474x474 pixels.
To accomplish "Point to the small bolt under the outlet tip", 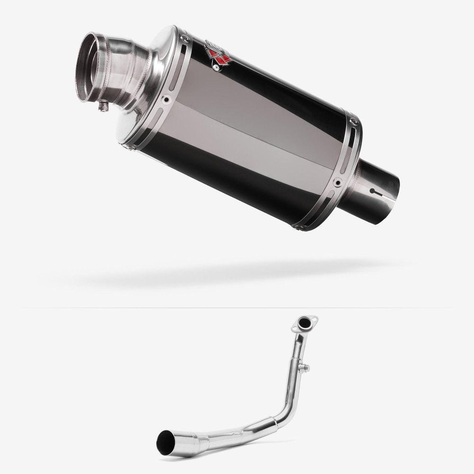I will click(x=101, y=108).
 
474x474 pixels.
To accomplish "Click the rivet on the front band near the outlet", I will click(x=166, y=99).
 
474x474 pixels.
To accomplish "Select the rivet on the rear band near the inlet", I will click(x=337, y=182).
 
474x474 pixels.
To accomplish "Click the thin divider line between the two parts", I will click(x=237, y=308).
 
